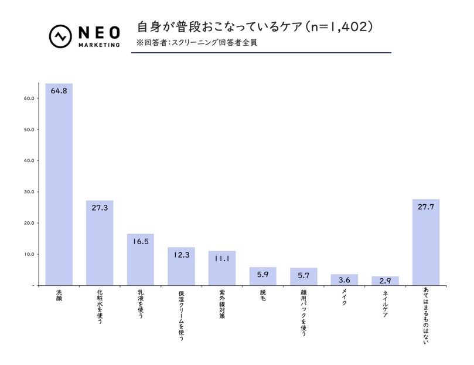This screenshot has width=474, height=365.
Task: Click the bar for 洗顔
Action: (x=59, y=188)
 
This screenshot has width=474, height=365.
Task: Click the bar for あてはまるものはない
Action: (x=426, y=244)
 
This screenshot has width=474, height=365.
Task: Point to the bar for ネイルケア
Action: (x=385, y=281)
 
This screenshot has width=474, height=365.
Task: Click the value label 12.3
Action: (x=181, y=255)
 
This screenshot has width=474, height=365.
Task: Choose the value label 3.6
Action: (x=345, y=280)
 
